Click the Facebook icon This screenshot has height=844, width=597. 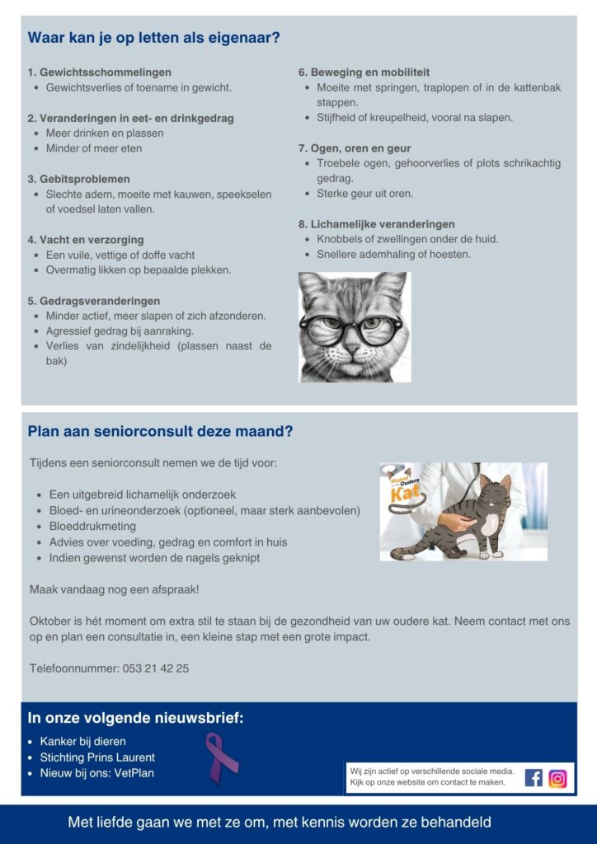click(534, 777)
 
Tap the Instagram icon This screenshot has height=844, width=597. click(558, 777)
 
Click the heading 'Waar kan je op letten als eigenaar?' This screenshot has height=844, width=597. click(153, 38)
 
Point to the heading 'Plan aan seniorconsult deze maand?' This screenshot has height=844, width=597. click(160, 431)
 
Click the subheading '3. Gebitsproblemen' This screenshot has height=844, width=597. click(78, 179)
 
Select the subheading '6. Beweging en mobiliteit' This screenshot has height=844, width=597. click(364, 73)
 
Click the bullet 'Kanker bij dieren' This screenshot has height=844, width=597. click(82, 742)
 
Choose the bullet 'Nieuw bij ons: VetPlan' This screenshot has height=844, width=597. click(96, 773)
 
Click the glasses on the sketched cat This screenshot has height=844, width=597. click(353, 328)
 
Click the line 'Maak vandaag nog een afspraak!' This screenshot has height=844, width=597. click(114, 589)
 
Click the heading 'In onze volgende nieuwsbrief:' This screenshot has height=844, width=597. click(135, 718)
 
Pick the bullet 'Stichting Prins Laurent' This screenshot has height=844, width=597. click(97, 757)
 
